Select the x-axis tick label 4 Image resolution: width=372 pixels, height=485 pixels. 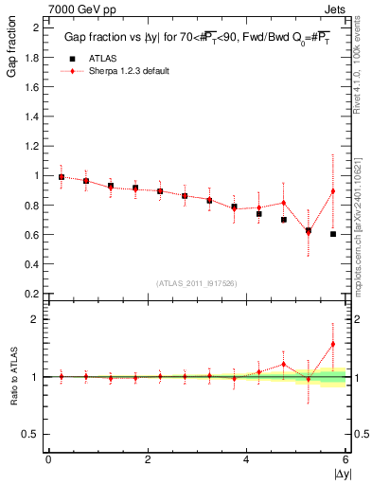click(247, 459)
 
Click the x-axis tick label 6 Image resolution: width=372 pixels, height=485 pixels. click(346, 459)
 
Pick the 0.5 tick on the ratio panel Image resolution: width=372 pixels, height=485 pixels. click(32, 434)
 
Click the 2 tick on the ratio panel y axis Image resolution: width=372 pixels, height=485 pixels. click(35, 319)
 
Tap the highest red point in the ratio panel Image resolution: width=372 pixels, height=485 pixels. click(333, 344)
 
